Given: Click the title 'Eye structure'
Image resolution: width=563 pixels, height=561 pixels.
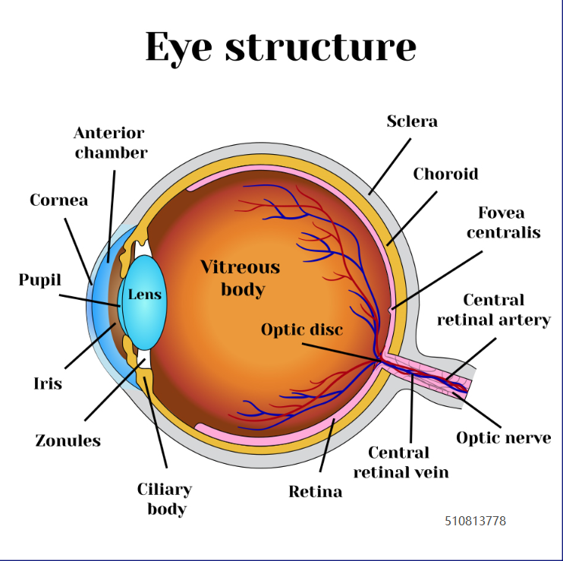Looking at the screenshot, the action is coord(281,48).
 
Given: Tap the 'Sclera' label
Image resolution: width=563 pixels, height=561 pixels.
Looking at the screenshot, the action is coord(412,121).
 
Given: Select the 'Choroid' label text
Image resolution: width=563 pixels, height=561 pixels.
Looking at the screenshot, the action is coord(445,174).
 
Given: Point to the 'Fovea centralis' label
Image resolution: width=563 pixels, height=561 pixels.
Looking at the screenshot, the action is coord(503,222).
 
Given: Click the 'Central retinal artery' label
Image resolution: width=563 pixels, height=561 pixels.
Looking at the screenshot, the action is coord(494,310).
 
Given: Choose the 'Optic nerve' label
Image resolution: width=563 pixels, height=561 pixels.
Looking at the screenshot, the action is coord(503,438).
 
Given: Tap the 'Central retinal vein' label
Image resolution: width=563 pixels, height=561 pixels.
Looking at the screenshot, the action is coord(401,462).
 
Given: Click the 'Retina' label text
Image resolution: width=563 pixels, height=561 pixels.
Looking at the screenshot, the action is coord(315,492).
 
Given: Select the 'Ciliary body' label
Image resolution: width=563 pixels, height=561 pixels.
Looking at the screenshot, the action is coord(165,500).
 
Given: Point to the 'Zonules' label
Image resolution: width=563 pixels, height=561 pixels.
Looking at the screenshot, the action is coord(68,441).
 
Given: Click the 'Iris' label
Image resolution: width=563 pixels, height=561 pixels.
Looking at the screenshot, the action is coord(48,383).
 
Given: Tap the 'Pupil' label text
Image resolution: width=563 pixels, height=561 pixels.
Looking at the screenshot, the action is coord(40,280).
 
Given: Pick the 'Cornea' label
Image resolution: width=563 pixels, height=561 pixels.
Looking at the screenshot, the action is coord(59,200).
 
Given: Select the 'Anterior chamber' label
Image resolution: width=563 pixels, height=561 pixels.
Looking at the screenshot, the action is coord(111,143).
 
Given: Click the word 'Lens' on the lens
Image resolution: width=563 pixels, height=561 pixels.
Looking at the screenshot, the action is coord(145,295).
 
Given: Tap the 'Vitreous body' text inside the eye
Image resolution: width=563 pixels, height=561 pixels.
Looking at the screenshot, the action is coord(241,279).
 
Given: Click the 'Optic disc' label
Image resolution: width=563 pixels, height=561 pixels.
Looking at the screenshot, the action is coord(302,329).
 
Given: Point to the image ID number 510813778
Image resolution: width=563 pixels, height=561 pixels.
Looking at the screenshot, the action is coord(476,521).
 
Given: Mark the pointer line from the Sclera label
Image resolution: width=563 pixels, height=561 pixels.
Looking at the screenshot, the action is coord(390,166).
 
